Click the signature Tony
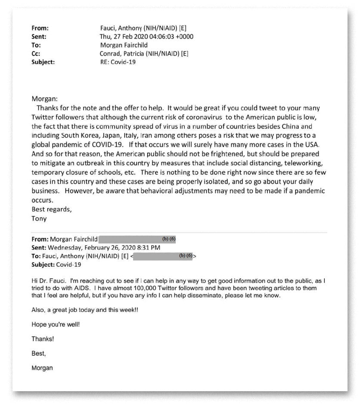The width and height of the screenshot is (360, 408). tap(39, 218)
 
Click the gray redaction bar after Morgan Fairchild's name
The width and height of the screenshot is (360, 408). tap(138, 239)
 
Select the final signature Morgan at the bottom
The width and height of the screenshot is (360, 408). tap(42, 368)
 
